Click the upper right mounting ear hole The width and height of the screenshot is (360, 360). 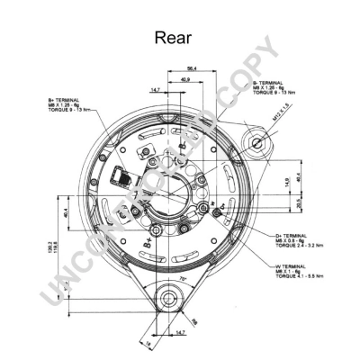point(258,143)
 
